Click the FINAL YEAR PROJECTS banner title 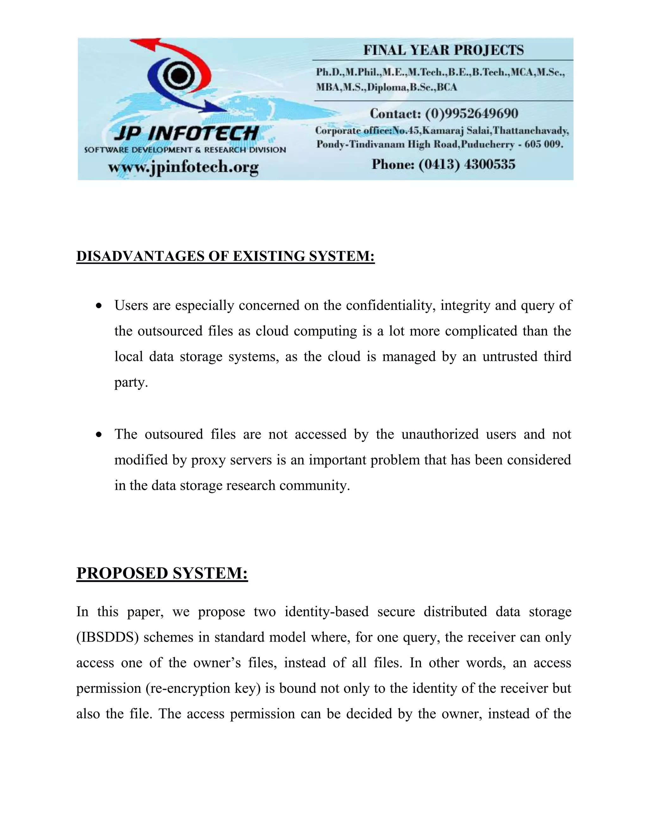pos(443,50)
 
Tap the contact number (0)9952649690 pos(471,114)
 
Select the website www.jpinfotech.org pos(183,167)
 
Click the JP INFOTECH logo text pos(186,133)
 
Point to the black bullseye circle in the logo pos(178,76)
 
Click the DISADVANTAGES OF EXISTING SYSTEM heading pos(225,256)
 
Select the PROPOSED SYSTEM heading pos(162,573)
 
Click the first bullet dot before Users pos(99,306)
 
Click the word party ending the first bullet pos(131,383)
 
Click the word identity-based pos(326,612)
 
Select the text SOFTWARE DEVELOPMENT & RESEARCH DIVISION pos(185,150)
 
